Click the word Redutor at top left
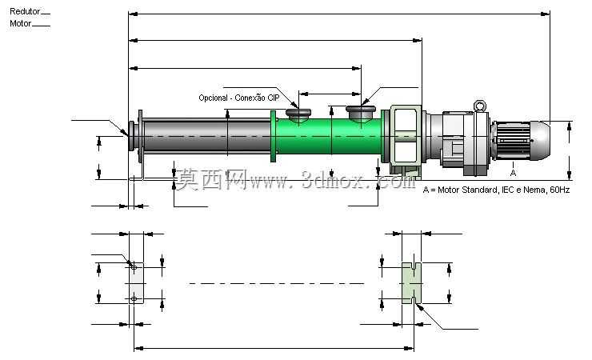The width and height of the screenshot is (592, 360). click(x=25, y=11)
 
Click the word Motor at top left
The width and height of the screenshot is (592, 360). click(x=20, y=23)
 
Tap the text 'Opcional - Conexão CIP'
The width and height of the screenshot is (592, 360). click(x=239, y=98)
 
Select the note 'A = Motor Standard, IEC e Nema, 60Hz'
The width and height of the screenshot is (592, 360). click(x=496, y=190)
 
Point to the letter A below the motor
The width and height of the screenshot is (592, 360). click(x=513, y=173)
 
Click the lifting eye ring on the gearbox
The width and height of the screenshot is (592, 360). click(x=480, y=106)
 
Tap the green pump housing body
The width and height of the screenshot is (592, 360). click(x=329, y=136)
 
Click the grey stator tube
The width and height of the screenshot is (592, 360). click(x=207, y=136)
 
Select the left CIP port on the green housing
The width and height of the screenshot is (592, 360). click(x=298, y=115)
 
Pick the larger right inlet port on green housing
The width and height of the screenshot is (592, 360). click(x=361, y=113)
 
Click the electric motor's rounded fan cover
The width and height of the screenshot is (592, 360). click(x=540, y=140)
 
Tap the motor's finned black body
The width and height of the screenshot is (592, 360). click(x=511, y=140)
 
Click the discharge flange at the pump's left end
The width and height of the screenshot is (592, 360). click(x=132, y=136)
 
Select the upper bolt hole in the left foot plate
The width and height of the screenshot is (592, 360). click(x=134, y=267)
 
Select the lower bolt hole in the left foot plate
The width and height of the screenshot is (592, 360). click(x=134, y=299)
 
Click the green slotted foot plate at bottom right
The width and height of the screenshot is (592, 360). click(x=411, y=283)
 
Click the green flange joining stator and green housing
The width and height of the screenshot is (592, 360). click(x=274, y=136)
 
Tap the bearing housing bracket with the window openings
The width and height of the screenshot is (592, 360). click(x=405, y=138)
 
